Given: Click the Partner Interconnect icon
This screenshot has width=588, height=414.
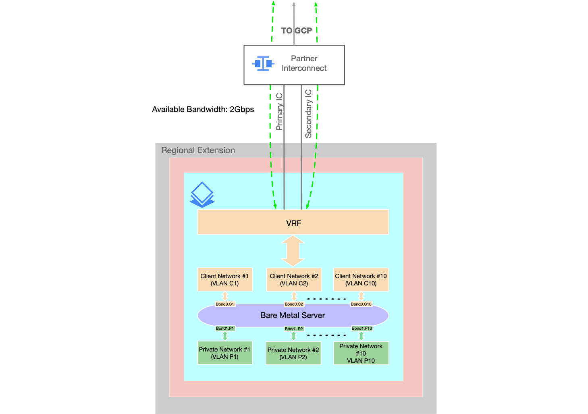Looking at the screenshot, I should [263, 64].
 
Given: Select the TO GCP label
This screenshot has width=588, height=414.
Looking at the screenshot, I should [297, 31].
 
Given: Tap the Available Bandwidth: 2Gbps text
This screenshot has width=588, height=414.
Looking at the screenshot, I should [203, 109].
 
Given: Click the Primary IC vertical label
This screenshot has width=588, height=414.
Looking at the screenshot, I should [279, 112].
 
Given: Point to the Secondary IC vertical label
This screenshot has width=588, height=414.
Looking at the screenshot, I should [308, 114].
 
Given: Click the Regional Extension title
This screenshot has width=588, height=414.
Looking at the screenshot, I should [198, 150].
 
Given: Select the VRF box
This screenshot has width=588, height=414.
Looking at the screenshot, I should [293, 222].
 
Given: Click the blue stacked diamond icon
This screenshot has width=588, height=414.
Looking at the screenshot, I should [202, 195].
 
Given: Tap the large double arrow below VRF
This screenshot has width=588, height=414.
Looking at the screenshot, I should [293, 251].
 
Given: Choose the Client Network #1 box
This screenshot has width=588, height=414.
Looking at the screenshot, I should [225, 279].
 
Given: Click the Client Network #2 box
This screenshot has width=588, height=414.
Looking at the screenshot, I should [294, 279].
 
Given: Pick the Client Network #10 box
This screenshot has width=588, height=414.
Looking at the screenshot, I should [361, 279].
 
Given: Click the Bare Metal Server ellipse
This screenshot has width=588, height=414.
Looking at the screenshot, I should [293, 316].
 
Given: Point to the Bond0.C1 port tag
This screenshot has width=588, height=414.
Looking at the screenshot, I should [225, 304].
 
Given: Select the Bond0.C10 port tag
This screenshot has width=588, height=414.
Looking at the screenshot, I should [361, 304].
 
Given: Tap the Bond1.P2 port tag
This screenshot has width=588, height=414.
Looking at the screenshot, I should [294, 329].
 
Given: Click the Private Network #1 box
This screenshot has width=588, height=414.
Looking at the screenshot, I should [225, 353].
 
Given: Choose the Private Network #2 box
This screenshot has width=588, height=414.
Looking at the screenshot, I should [293, 353].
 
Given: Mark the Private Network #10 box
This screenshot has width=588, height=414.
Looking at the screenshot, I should [361, 353].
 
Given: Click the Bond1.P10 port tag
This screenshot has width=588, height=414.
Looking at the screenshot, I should [362, 328].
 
